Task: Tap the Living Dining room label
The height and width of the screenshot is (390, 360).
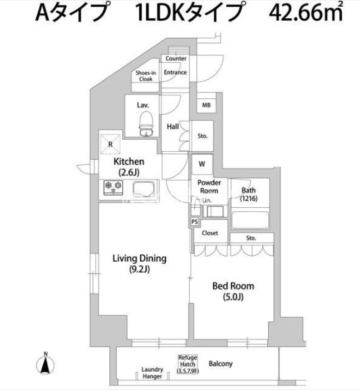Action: pos(139,263)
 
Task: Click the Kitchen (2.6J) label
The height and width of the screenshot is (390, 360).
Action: pos(128,167)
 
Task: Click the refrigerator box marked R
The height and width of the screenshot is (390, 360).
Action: pos(109,144)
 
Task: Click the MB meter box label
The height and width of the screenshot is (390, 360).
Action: pos(205,105)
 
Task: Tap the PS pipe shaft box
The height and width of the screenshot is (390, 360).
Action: pos(195,221)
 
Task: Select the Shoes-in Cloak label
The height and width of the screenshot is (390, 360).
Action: pos(145,76)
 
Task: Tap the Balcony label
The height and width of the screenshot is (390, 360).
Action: pos(220,364)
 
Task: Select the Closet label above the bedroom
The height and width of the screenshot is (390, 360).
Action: pos(210,233)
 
